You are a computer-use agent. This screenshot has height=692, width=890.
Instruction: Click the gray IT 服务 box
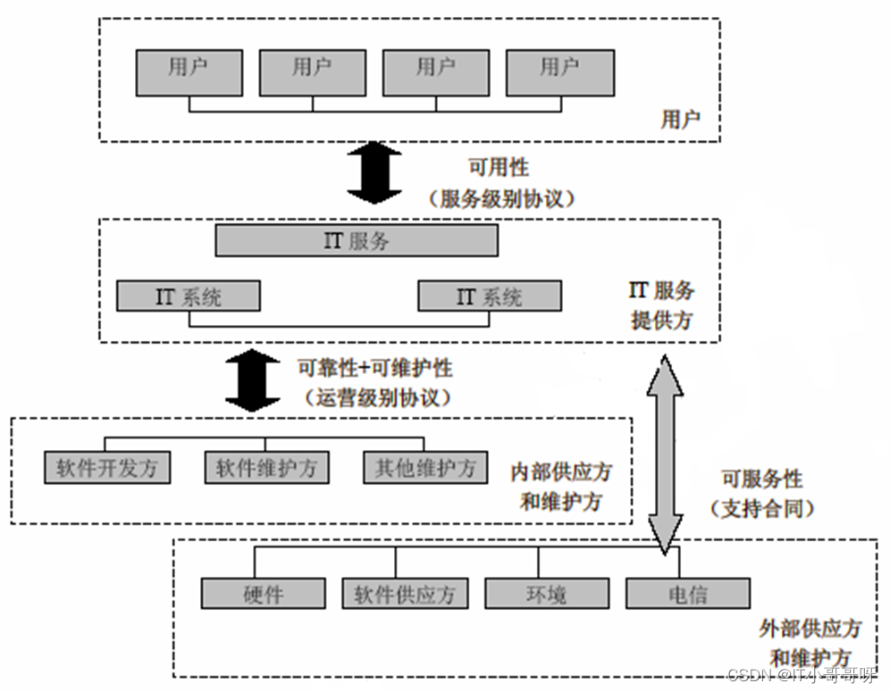point(357,241)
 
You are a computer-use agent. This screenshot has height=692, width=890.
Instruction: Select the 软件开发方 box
point(107,468)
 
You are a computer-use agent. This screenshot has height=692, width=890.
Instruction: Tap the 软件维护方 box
point(266,468)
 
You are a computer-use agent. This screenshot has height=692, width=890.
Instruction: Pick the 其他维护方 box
point(425,468)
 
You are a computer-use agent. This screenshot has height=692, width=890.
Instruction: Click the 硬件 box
point(263,594)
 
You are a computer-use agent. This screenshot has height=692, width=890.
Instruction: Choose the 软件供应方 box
point(404,594)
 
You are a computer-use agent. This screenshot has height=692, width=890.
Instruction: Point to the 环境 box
point(546,594)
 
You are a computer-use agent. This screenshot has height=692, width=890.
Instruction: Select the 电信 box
point(687,594)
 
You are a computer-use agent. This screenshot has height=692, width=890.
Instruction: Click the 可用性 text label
point(499,168)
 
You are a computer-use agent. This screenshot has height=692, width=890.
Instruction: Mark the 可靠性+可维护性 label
point(374,367)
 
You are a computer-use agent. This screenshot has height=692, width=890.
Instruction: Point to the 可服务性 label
point(762,479)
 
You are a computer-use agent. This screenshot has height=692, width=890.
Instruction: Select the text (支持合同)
point(762,509)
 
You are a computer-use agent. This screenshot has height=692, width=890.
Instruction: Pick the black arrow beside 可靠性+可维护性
point(252,380)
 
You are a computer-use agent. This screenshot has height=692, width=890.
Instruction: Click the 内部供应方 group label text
point(561,471)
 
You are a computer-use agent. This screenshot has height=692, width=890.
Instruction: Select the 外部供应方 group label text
point(810,629)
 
